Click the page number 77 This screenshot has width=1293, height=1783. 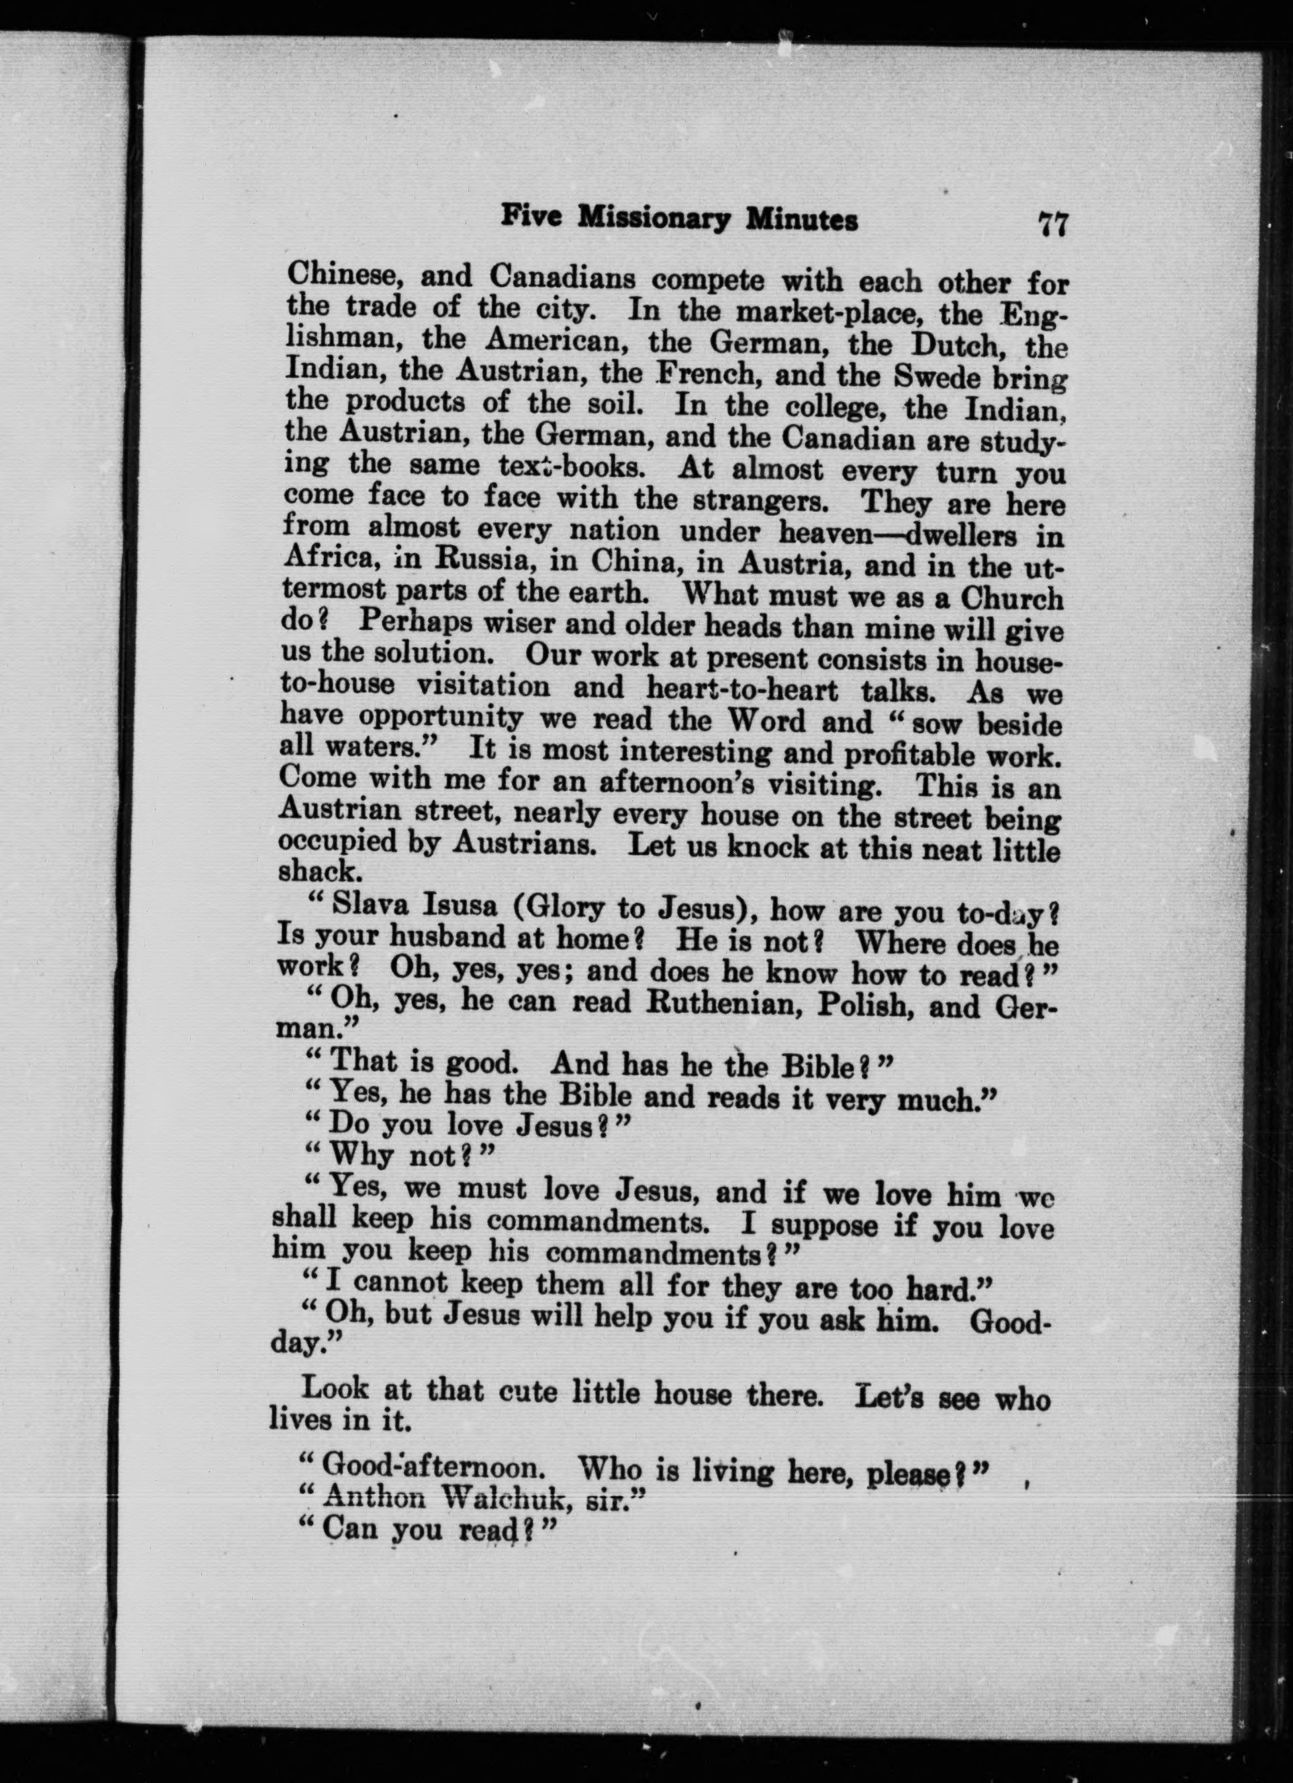[1053, 225]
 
